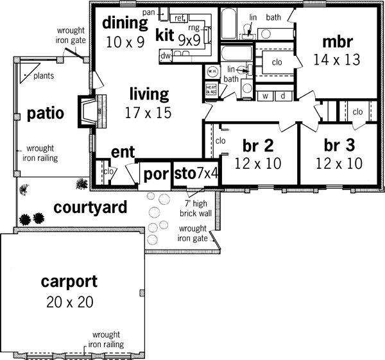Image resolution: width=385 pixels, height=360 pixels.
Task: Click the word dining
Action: [x=125, y=24]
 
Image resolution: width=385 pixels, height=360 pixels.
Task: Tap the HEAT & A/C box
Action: [x=211, y=90]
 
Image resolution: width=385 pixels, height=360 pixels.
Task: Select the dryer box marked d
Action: [x=283, y=96]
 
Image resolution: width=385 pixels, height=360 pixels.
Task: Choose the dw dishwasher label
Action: [x=166, y=55]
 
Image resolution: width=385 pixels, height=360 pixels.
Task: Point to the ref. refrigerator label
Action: [x=180, y=18]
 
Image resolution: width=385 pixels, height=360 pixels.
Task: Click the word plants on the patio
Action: [x=44, y=75]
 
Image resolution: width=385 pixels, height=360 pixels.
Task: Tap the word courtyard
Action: [x=90, y=208]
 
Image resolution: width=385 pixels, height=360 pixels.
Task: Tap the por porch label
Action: [x=155, y=175]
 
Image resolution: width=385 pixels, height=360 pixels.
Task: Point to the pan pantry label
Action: [x=149, y=12]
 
